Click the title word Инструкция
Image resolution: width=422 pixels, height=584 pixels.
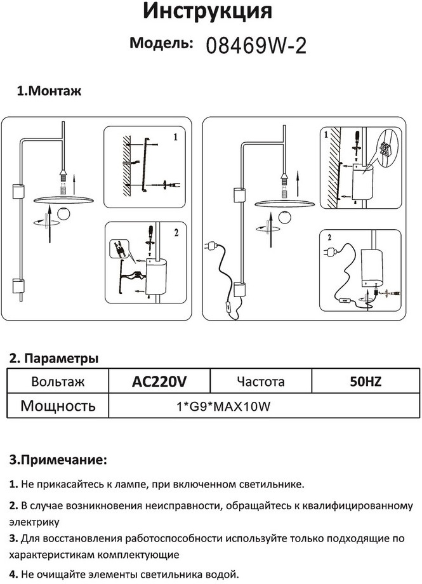click(x=208, y=11)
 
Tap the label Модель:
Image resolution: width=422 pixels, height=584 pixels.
click(x=161, y=43)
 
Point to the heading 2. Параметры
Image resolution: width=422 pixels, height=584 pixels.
click(x=53, y=358)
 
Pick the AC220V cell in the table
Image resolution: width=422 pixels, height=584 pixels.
click(x=159, y=382)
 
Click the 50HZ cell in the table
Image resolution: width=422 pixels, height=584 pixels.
click(x=366, y=382)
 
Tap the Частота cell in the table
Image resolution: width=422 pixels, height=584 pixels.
click(x=260, y=382)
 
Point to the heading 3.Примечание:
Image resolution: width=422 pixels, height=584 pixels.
click(x=58, y=459)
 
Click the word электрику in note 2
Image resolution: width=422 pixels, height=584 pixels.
click(x=34, y=522)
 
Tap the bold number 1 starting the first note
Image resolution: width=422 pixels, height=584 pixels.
click(x=13, y=484)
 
